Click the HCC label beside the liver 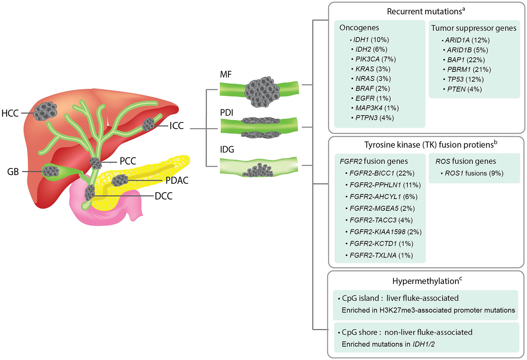click(10, 113)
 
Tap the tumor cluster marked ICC click(148, 124)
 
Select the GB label click(13, 172)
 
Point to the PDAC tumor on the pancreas click(120, 180)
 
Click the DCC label click(164, 196)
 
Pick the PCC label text click(128, 161)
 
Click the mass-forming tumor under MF click(262, 91)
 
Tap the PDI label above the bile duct click(227, 113)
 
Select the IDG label click(227, 149)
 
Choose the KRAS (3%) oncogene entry click(373, 69)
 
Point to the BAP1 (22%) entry click(466, 60)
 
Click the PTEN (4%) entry click(464, 89)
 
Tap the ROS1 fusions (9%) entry click(474, 173)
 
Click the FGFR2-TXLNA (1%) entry click(381, 256)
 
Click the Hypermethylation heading click(425, 281)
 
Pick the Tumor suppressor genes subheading click(474, 28)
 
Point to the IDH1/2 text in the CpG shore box click(423, 344)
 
